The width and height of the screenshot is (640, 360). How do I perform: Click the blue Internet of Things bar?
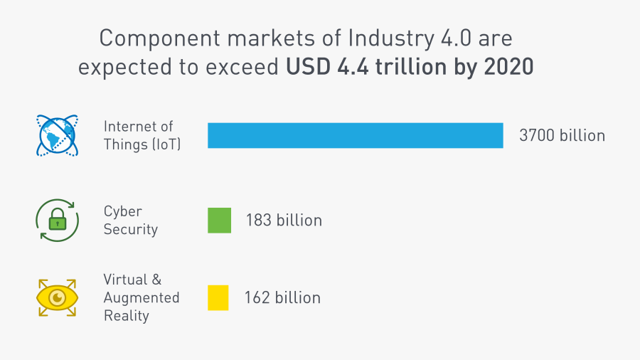pos(355,135)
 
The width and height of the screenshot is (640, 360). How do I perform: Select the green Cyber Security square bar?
pos(219,221)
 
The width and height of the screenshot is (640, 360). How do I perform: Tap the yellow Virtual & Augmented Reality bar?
pos(218,297)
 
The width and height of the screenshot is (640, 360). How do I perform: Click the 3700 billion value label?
pos(562,135)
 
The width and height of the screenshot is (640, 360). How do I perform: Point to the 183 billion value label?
pos(284,221)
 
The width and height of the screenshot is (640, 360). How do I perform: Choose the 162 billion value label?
pos(282,297)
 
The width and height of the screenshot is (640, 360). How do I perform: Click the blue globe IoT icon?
pos(56,135)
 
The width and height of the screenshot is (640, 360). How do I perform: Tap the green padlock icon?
pos(56,221)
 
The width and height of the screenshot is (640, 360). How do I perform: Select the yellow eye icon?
pos(56,297)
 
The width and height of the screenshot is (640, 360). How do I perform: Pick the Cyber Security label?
pos(130,221)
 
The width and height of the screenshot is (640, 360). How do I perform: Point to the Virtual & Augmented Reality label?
pos(141,297)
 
